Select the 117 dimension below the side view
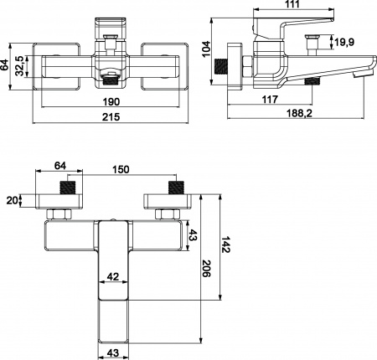[x=269, y=100]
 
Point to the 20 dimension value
[x=11, y=199]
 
